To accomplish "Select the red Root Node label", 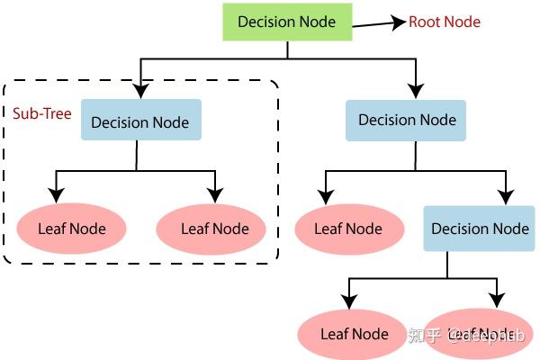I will [445, 22].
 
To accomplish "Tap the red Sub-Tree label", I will [42, 114].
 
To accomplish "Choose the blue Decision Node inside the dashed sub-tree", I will [140, 121].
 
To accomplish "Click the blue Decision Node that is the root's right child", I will [407, 120].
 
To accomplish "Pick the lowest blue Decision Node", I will [480, 229].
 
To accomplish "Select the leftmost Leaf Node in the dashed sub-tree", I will [71, 229].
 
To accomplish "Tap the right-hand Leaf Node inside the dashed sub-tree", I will [214, 229].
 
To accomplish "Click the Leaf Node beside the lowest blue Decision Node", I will [347, 229].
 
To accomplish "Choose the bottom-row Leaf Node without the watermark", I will [355, 335].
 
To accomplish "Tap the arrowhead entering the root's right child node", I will [415, 90].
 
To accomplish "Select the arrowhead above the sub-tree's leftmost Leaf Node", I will [56, 194].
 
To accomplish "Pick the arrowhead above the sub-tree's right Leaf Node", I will [214, 194].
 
